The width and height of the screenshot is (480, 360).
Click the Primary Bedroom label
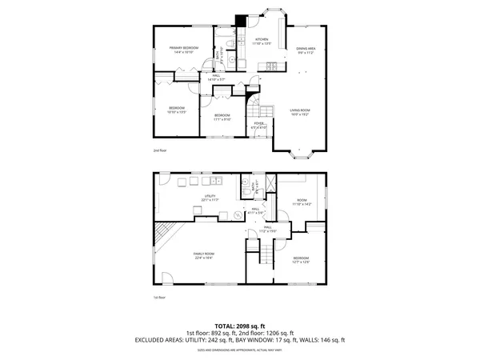[183, 50]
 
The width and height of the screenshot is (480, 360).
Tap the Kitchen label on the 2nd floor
[262, 41]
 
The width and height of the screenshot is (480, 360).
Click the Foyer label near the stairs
[258, 126]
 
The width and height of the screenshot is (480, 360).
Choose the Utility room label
[211, 197]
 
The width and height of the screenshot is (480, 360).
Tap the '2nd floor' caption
[160, 150]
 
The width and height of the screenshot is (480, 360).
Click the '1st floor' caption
[159, 298]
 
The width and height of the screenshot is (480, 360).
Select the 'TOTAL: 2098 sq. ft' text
[240, 326]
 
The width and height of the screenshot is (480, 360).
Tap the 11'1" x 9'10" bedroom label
[222, 118]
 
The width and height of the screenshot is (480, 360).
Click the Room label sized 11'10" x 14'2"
[302, 202]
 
